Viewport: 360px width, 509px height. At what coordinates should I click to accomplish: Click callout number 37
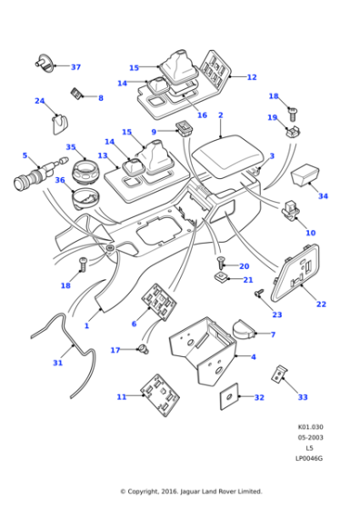(75, 67)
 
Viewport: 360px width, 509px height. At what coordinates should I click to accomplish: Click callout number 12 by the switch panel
(252, 78)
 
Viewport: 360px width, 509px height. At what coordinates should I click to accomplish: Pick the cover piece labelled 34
(305, 172)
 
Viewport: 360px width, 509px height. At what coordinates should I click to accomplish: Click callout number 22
(320, 304)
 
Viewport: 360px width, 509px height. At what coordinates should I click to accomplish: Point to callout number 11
(122, 397)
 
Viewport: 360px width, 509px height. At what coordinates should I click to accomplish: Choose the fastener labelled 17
(143, 349)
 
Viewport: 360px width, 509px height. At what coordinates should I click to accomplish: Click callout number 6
(134, 324)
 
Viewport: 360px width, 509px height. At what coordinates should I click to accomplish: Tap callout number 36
(59, 180)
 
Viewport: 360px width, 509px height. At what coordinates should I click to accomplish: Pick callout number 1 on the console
(87, 325)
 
